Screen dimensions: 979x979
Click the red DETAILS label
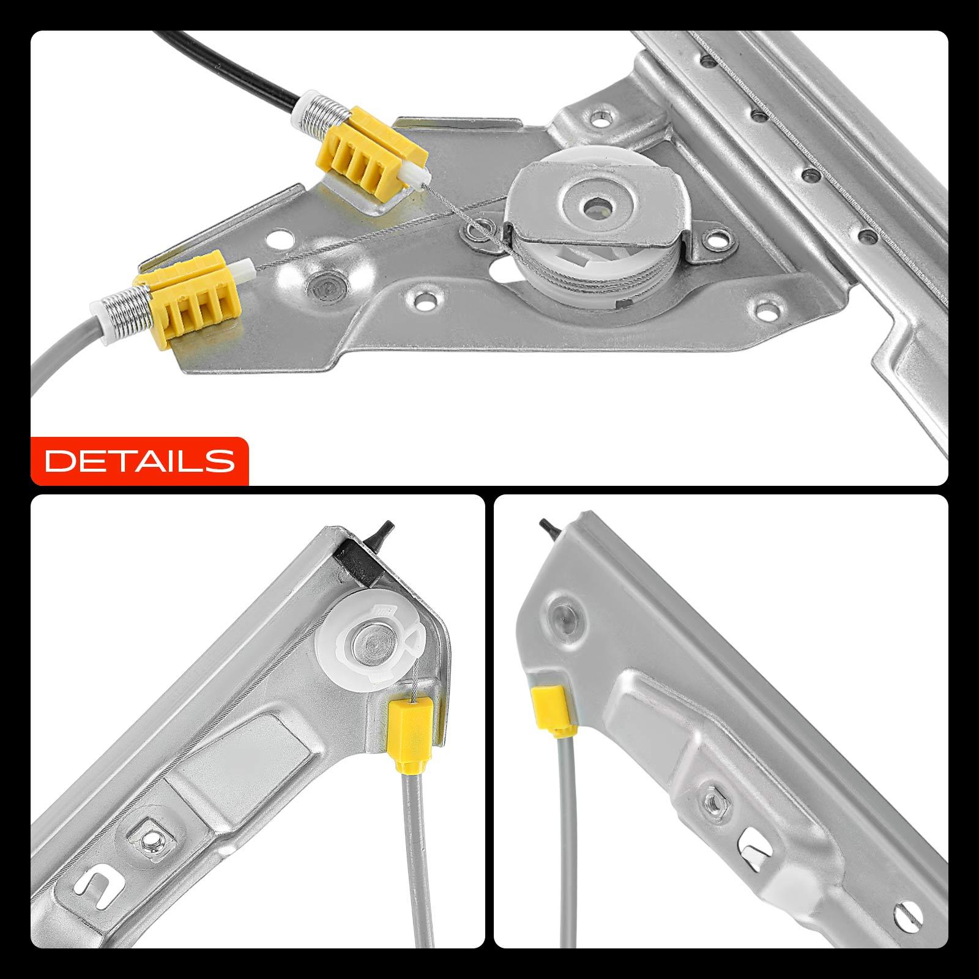click(140, 460)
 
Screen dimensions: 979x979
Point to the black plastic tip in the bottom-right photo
click(549, 528)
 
